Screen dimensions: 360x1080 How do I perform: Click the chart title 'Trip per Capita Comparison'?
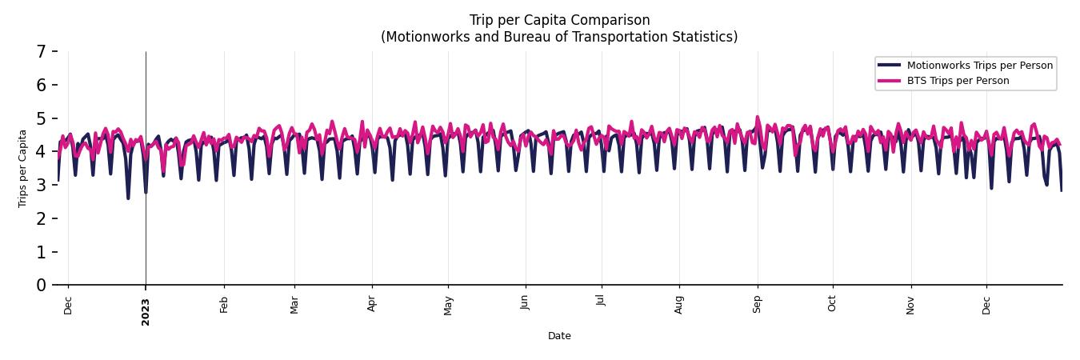click(x=559, y=20)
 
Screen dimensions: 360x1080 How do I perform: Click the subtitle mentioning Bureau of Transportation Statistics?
click(x=559, y=37)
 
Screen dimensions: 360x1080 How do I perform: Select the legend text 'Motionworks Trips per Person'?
click(x=980, y=66)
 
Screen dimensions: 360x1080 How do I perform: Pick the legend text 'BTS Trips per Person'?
click(x=958, y=81)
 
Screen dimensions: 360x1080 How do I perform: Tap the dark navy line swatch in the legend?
click(x=889, y=66)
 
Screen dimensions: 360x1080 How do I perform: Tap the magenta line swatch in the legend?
click(x=889, y=81)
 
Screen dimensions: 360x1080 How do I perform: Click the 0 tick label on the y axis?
click(x=41, y=286)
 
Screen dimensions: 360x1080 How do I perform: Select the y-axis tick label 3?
click(x=41, y=186)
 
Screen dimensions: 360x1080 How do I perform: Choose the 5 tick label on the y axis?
click(x=41, y=118)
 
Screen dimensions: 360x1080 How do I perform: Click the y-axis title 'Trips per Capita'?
click(x=22, y=168)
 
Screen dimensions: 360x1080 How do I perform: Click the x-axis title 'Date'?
click(x=559, y=336)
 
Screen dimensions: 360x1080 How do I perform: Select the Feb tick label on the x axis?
click(x=224, y=305)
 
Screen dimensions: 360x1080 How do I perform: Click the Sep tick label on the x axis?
click(x=758, y=305)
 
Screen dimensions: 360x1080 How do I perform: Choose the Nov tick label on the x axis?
click(x=910, y=305)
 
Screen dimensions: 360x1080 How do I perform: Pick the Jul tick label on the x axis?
click(x=602, y=303)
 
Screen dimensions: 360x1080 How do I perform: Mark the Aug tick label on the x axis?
click(x=679, y=305)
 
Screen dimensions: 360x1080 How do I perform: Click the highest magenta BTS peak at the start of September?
click(x=758, y=118)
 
